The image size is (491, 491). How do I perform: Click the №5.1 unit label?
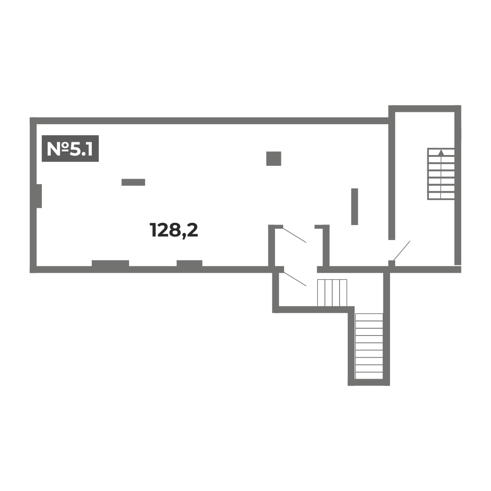click(70, 148)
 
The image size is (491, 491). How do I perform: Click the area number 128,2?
click(174, 230)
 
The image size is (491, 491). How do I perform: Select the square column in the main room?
click(274, 159)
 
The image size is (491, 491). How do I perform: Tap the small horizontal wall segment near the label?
click(133, 182)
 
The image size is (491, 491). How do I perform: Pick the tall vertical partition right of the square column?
click(355, 206)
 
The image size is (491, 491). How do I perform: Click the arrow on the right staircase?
click(441, 152)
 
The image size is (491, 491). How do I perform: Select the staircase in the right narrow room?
click(441, 174)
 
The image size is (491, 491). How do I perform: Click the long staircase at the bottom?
click(369, 346)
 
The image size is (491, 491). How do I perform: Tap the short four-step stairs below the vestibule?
click(332, 292)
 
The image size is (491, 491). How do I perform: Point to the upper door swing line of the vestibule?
click(295, 235)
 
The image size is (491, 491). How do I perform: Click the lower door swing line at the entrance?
click(295, 279)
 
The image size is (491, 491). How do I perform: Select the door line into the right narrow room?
click(402, 251)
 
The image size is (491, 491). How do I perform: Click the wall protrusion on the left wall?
click(39, 196)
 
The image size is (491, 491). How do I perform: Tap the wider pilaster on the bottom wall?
click(110, 263)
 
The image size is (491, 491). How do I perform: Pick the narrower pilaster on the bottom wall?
click(190, 263)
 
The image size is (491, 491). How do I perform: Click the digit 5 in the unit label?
click(75, 149)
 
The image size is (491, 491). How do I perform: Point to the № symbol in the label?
click(58, 149)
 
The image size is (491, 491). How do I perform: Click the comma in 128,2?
click(184, 235)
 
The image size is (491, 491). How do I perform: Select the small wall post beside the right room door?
click(392, 263)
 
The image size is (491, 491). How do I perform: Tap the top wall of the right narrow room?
click(425, 109)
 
